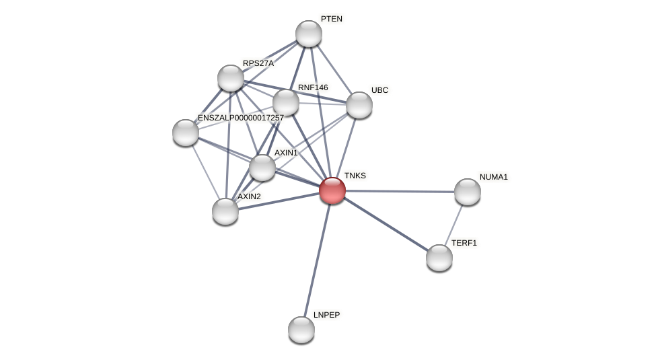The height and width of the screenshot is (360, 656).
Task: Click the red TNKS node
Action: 332,190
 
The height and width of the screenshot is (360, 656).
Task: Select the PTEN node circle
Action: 309,34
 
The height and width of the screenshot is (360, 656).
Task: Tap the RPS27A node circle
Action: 231,78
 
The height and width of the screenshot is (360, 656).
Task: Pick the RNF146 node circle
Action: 286,102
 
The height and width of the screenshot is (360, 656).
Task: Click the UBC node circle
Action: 359,105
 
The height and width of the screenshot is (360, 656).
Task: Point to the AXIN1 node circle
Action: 262,168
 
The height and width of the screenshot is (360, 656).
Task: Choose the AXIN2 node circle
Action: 225,211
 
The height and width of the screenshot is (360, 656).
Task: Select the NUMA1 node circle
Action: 468,192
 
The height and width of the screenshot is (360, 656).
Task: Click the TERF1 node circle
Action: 439,258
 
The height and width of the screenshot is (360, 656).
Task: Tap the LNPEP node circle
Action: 301,330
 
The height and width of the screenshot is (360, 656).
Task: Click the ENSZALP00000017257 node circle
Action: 186,133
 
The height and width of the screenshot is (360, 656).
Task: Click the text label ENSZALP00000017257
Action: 240,118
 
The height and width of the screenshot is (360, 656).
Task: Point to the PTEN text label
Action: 331,19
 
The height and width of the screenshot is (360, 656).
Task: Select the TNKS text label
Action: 355,176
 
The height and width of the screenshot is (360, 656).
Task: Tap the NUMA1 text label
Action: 493,177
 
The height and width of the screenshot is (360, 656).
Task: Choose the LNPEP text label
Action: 326,315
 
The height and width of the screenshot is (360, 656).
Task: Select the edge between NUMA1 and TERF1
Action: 454,223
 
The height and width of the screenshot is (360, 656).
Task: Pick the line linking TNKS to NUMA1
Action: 400,191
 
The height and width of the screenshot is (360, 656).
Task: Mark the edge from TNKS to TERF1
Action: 386,224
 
